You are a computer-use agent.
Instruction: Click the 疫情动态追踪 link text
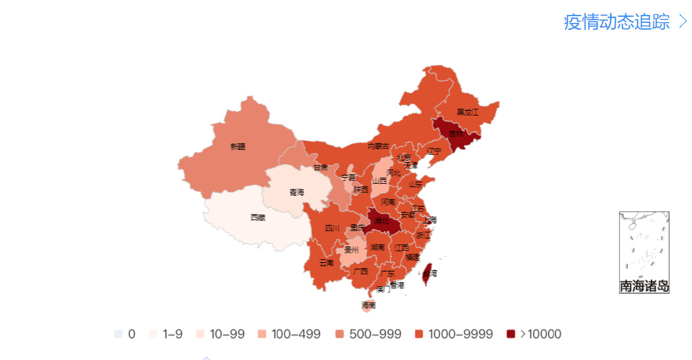[616, 22]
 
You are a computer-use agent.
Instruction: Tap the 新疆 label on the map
[237, 146]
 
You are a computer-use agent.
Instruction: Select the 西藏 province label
[257, 217]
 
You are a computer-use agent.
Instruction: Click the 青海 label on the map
[297, 192]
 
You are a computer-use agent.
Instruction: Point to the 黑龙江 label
[467, 112]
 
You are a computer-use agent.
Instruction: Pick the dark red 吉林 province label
[456, 134]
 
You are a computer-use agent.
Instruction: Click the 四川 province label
[332, 228]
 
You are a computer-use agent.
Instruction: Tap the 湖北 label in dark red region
[382, 221]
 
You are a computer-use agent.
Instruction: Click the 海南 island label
[368, 305]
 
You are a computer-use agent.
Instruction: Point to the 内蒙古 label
[378, 146]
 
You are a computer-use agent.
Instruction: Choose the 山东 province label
[415, 184]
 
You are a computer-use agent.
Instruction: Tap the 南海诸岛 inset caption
[644, 286]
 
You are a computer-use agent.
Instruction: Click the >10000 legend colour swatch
[511, 334]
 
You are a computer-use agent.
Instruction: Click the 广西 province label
[360, 272]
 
